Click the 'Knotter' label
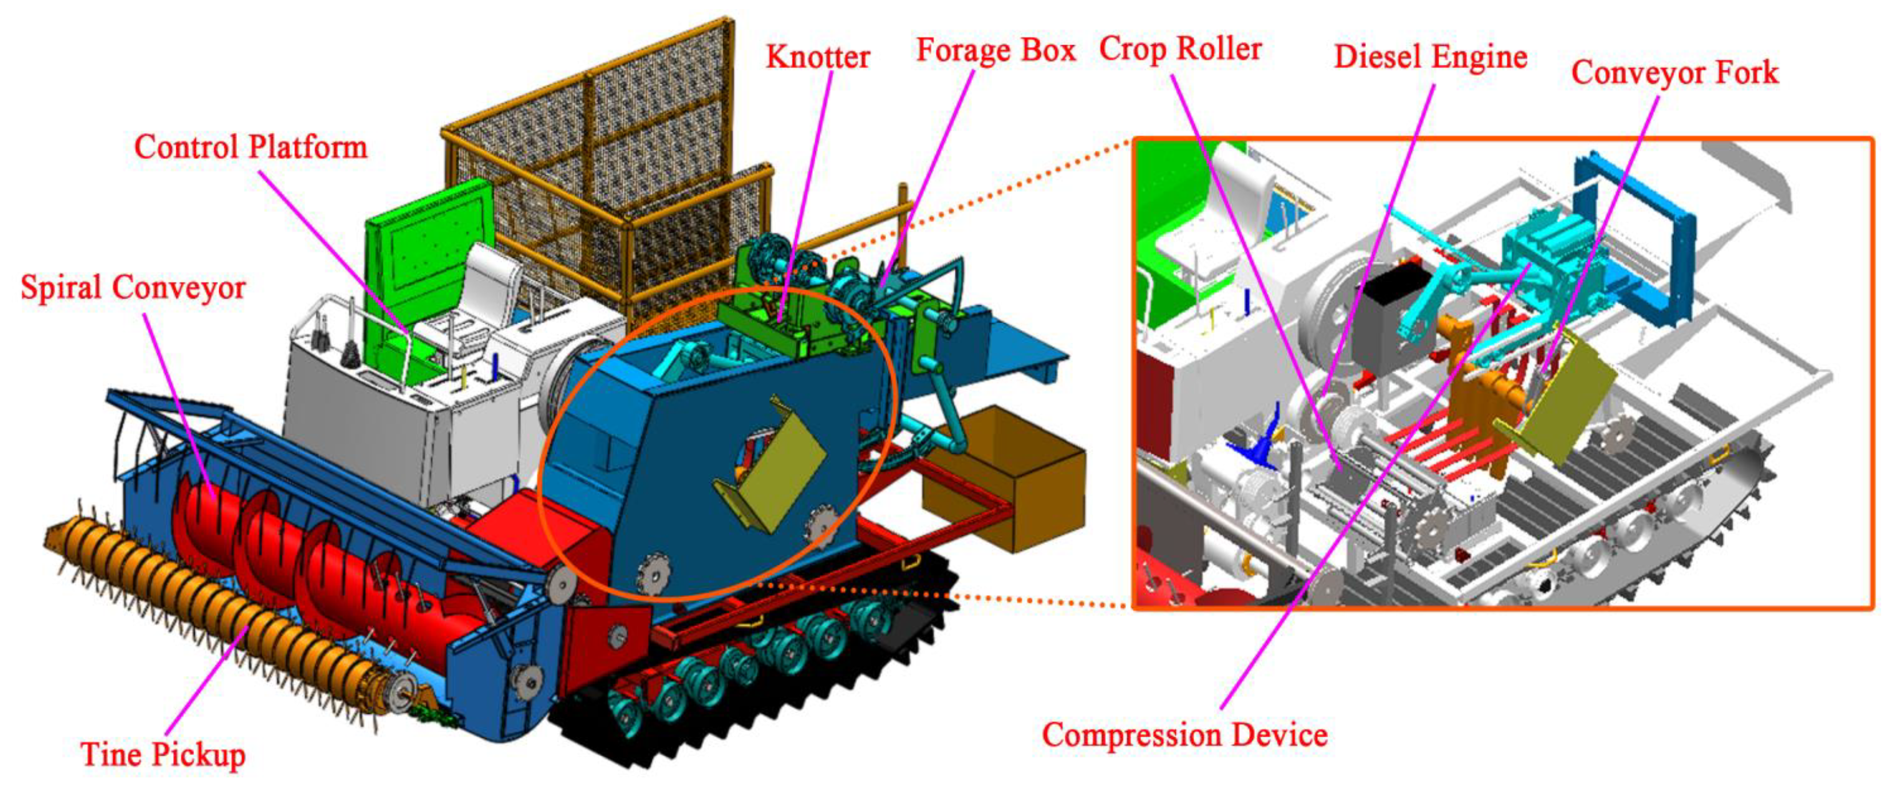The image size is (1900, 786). pyautogui.click(x=817, y=57)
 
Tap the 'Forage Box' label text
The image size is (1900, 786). pyautogui.click(x=995, y=50)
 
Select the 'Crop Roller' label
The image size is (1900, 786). pyautogui.click(x=1180, y=49)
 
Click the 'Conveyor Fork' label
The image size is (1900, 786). pyautogui.click(x=1674, y=72)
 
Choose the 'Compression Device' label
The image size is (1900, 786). pyautogui.click(x=1184, y=735)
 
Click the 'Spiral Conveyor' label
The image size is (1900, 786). pyautogui.click(x=133, y=287)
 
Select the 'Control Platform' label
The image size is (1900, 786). pyautogui.click(x=251, y=147)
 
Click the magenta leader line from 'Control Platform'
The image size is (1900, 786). pyautogui.click(x=332, y=251)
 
